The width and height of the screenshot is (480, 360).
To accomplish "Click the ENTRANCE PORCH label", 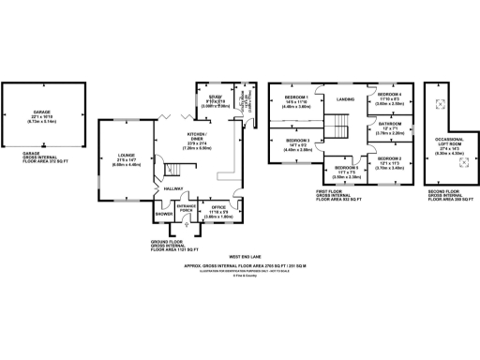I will click(x=185, y=207).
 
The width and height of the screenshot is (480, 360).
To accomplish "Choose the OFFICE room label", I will click(x=218, y=205).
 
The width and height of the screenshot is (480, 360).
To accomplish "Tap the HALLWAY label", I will click(x=173, y=188).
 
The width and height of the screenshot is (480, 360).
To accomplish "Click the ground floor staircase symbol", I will click(x=172, y=169).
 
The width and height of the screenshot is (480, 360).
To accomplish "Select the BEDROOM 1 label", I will click(x=296, y=97).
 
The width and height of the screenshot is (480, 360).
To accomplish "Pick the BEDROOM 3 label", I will click(x=296, y=141).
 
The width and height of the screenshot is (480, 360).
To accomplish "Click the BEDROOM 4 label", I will click(x=389, y=95).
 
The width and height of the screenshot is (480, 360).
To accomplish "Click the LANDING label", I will click(x=345, y=98).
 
